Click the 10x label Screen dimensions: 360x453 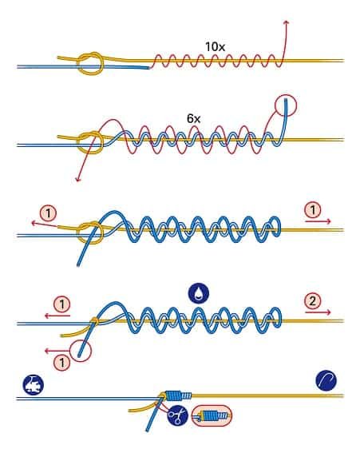click(215, 47)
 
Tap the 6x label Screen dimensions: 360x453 click(194, 118)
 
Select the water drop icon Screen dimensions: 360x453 click(199, 294)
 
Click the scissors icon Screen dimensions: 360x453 click(177, 415)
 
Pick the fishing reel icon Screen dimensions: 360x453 click(34, 385)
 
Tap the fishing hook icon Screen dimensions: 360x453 click(326, 380)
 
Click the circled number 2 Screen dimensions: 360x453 click(313, 301)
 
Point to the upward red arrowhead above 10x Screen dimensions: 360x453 click(286, 22)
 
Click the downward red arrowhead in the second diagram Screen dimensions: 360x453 click(77, 180)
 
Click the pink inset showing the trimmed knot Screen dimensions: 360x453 click(212, 415)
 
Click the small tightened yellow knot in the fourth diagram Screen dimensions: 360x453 click(94, 320)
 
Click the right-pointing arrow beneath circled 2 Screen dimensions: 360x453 click(318, 312)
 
